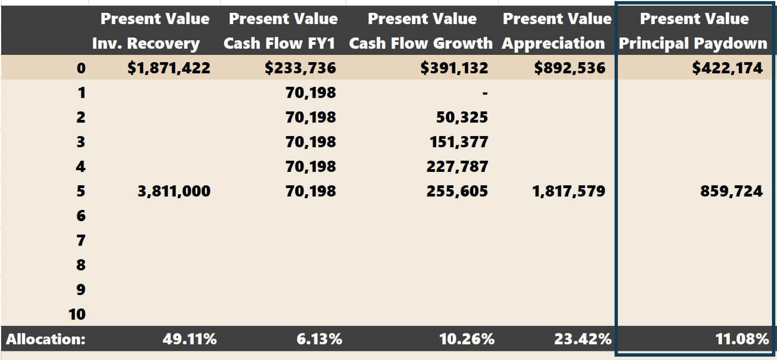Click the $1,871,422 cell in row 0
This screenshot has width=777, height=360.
coord(169,68)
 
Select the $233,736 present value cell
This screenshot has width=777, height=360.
coord(300,68)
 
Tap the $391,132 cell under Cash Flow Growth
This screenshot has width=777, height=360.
coord(454,68)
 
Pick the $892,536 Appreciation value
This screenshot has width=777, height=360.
coord(570,68)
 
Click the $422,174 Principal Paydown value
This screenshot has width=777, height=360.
coord(727,68)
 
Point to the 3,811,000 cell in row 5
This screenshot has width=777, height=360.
coord(174,191)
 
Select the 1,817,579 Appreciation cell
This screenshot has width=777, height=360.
coord(569,191)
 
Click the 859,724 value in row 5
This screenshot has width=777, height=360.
coord(731,191)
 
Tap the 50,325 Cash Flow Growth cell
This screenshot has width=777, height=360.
coord(462,117)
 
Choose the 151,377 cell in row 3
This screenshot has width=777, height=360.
coord(459,142)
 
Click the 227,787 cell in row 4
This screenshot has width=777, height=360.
coord(457,166)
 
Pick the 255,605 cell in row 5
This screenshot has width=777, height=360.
coord(457,191)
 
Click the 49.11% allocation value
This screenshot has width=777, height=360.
coord(189,339)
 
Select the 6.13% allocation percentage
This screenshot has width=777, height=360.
coord(319,339)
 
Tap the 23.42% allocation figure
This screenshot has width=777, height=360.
coord(583,339)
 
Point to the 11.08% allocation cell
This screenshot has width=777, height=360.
coord(742,339)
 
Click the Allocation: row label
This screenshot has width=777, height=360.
coord(46,339)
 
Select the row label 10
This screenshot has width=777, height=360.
coord(77,314)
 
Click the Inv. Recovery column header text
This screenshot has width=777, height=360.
coord(146,44)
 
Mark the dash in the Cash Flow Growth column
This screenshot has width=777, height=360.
coord(485,93)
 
